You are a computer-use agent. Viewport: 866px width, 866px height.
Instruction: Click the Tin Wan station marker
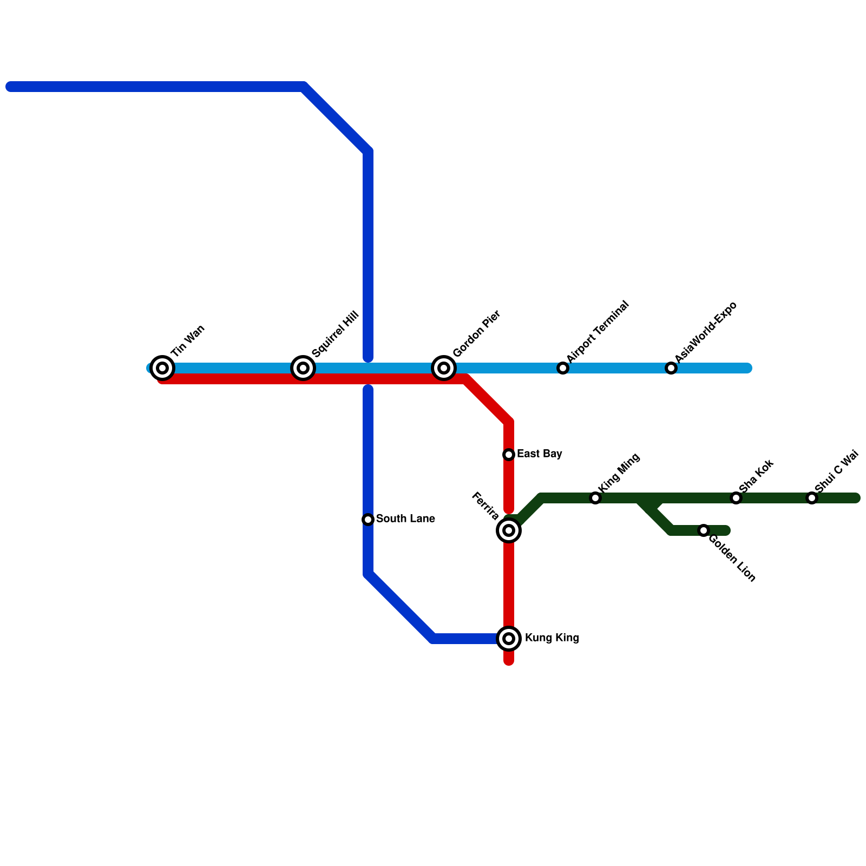coord(162,368)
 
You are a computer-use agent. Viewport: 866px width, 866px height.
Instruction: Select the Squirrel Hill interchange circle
coord(303,368)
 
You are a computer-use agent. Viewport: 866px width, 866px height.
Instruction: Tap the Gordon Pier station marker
coord(444,368)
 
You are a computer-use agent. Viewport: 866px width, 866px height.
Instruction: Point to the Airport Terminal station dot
coord(563,368)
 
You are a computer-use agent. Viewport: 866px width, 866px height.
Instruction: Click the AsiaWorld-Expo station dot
coord(671,368)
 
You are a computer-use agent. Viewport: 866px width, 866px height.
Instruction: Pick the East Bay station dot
coord(509,455)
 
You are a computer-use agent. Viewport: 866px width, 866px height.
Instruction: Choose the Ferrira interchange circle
coord(509,530)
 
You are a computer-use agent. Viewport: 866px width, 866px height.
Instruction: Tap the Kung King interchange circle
coord(509,639)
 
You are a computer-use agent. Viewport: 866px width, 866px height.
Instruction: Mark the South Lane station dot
coord(368,520)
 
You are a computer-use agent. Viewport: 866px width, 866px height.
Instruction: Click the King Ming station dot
coord(595,498)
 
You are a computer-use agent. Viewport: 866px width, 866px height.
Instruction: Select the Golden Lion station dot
coord(704,530)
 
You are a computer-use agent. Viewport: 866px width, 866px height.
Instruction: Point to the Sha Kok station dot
coord(736,498)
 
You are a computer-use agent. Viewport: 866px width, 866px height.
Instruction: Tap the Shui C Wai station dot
coord(812,498)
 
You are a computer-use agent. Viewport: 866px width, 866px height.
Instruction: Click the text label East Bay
coord(539,454)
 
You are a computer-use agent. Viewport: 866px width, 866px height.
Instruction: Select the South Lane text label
coord(405,519)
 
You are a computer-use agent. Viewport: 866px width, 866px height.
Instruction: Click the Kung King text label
coord(552,638)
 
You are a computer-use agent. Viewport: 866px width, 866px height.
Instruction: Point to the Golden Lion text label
coord(731,558)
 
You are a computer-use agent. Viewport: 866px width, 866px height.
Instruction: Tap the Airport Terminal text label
coord(598,331)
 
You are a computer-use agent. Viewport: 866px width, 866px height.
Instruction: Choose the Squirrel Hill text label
coord(336,334)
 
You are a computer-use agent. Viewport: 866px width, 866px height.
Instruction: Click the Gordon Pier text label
coord(477,333)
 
